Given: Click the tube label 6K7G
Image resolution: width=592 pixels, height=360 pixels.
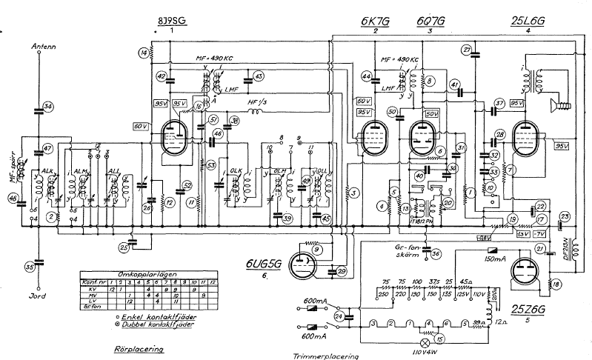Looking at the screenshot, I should pyautogui.click(x=376, y=21).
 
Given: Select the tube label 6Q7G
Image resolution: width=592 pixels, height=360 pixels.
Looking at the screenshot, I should pyautogui.click(x=429, y=21).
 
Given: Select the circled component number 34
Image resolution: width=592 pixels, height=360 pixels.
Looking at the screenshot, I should pyautogui.click(x=48, y=107).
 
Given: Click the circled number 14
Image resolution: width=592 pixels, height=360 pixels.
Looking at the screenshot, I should pyautogui.click(x=143, y=51).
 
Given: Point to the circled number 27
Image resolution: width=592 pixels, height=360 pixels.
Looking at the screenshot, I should pyautogui.click(x=466, y=50).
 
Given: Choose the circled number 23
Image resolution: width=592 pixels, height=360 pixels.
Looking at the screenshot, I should pyautogui.click(x=565, y=217).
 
